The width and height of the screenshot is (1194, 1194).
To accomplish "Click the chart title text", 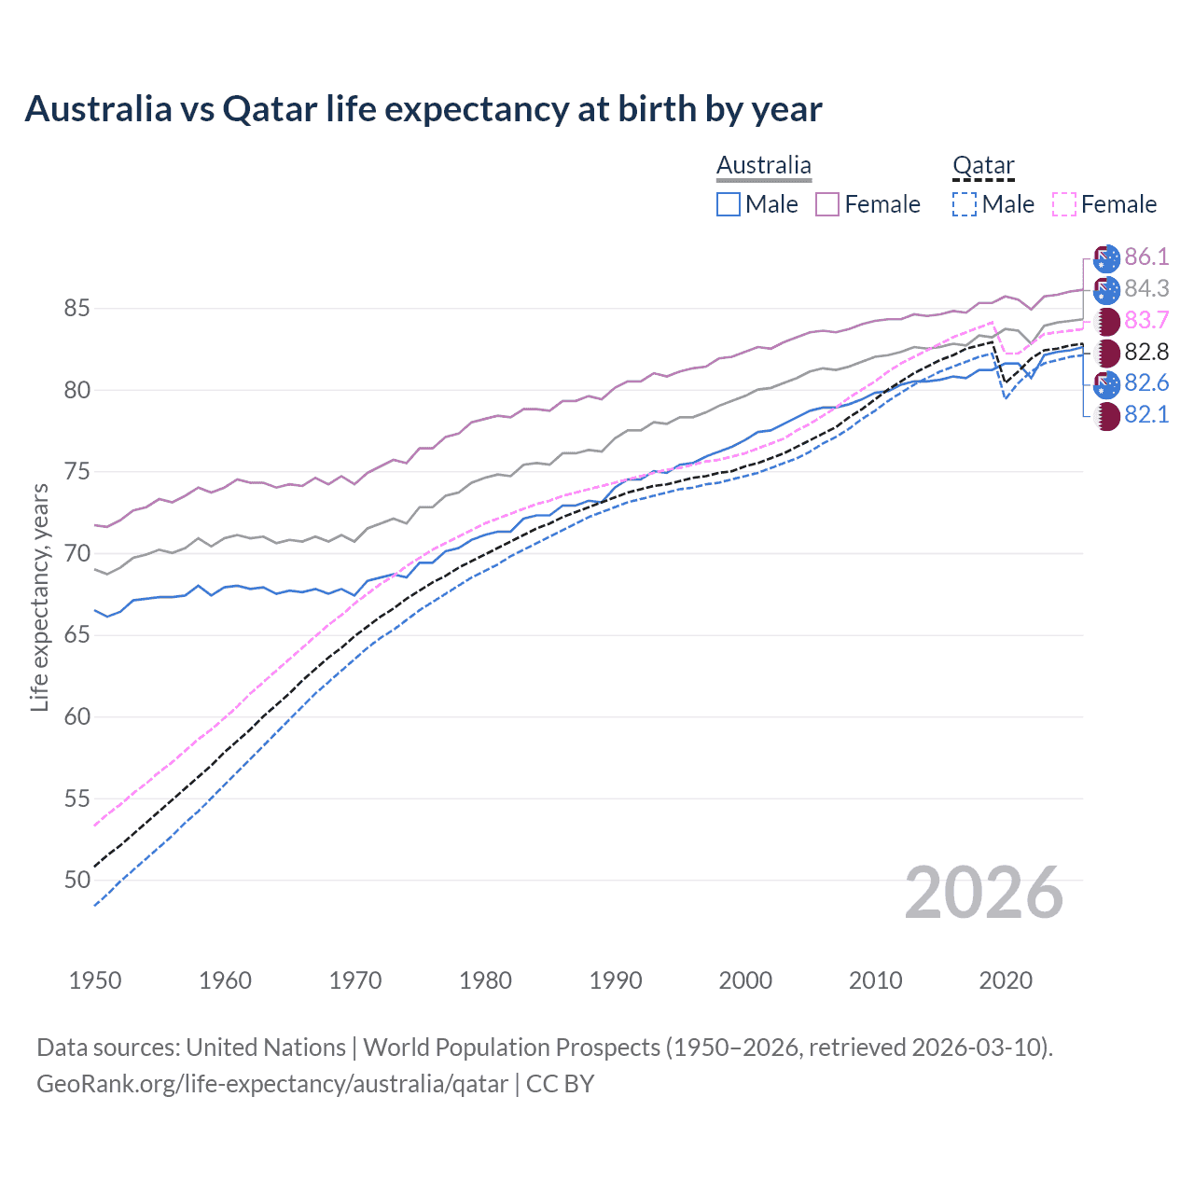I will [423, 109].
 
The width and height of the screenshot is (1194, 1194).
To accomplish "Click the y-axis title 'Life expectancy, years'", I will [39, 597].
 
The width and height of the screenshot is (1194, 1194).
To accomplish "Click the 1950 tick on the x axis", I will [95, 980].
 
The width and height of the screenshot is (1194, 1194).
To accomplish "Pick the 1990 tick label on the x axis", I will [616, 980].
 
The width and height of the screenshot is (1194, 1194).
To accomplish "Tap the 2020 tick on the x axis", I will [1006, 980].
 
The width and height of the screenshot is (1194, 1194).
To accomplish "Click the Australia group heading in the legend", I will [764, 166].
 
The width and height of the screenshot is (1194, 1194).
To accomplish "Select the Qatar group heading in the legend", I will [983, 166].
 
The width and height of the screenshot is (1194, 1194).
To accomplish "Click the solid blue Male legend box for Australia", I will [729, 204].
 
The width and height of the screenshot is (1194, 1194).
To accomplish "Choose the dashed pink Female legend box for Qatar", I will [1064, 204].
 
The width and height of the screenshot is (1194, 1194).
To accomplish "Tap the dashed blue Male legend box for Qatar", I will [965, 204].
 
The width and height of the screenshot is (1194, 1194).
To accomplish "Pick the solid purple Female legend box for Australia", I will [827, 204].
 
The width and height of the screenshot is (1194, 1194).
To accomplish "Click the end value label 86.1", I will [1146, 257].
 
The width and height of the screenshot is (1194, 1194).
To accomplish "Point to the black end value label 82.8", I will [1146, 353].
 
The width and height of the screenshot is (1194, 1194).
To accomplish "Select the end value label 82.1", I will [1146, 415].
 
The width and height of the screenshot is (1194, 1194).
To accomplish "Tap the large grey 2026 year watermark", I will [984, 893].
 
